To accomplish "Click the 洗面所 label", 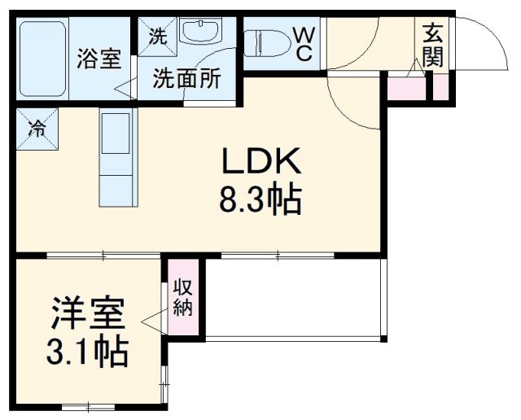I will pos(187,80).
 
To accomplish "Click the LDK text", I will pos(261,163).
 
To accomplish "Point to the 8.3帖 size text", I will pos(260,199).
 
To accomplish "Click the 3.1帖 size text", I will pos(88,352).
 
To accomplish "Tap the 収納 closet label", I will pos(182,299).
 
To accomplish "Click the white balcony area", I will pos(293,297).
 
